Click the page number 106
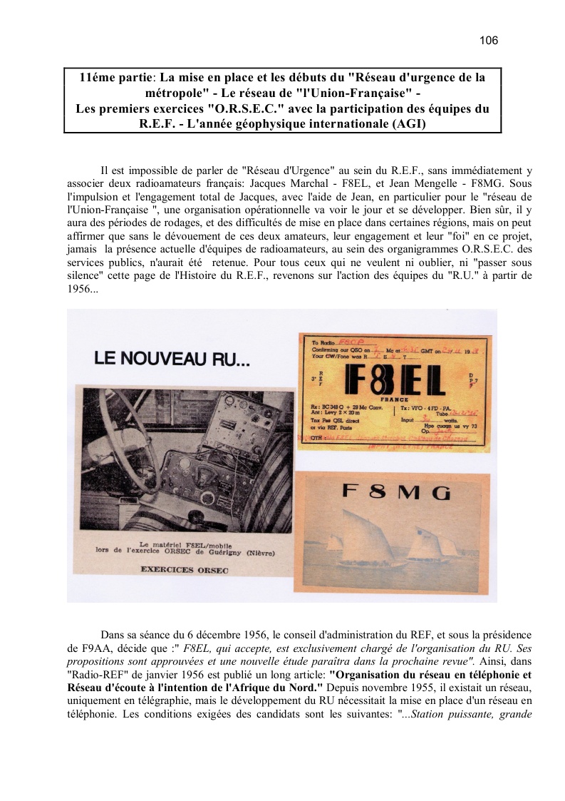pyautogui.click(x=489, y=41)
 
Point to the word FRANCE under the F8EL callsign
pyautogui.click(x=395, y=400)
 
